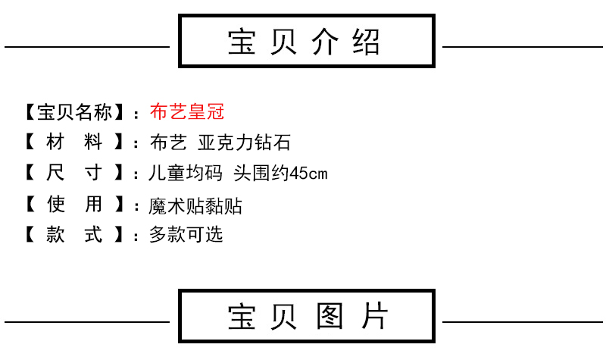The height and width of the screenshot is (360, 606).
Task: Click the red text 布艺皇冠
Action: [187, 113]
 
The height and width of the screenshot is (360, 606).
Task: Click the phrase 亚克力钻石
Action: [243, 143]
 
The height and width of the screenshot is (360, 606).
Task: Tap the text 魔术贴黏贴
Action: [196, 205]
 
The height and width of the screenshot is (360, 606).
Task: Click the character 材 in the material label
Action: [55, 143]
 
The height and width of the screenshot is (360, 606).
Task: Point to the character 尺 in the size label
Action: [55, 174]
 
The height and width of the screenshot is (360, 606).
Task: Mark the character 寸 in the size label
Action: [93, 174]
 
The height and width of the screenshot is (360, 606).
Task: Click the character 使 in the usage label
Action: [55, 205]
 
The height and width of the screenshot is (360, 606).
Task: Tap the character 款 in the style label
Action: [55, 234]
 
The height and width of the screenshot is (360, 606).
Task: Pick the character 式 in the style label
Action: [93, 234]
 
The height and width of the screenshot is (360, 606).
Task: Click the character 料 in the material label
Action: [93, 143]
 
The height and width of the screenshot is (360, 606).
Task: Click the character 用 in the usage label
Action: [93, 205]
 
